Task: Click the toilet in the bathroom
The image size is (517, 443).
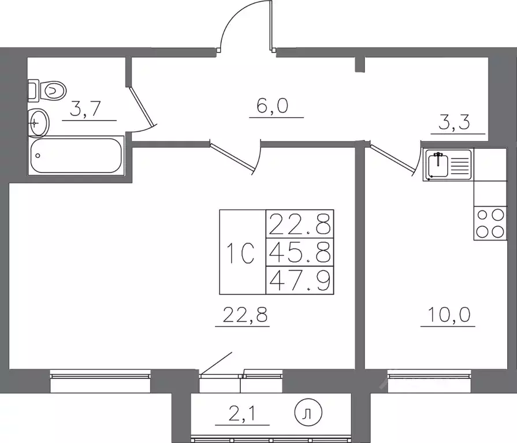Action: pyautogui.click(x=47, y=91)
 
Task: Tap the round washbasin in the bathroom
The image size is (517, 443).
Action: pyautogui.click(x=39, y=123)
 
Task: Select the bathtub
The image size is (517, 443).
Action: pyautogui.click(x=76, y=155)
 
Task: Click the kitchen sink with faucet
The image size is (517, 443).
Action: pyautogui.click(x=448, y=164)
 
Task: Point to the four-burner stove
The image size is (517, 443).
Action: pyautogui.click(x=490, y=223)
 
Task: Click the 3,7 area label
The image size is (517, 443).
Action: pyautogui.click(x=85, y=109)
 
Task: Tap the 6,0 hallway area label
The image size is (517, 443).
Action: pyautogui.click(x=272, y=106)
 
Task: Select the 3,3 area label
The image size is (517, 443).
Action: pyautogui.click(x=454, y=122)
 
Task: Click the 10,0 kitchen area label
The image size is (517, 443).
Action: pyautogui.click(x=449, y=314)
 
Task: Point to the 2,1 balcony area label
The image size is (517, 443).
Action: pyautogui.click(x=242, y=414)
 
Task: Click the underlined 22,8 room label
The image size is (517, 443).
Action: pyautogui.click(x=245, y=314)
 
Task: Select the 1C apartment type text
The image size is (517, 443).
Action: pyautogui.click(x=241, y=253)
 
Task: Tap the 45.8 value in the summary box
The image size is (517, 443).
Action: pyautogui.click(x=300, y=253)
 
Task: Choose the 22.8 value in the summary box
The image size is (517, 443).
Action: pyautogui.click(x=300, y=224)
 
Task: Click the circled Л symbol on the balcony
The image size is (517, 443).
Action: pyautogui.click(x=308, y=413)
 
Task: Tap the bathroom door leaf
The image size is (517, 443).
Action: pyautogui.click(x=142, y=107)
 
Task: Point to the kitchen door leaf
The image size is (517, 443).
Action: pyautogui.click(x=392, y=158)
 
